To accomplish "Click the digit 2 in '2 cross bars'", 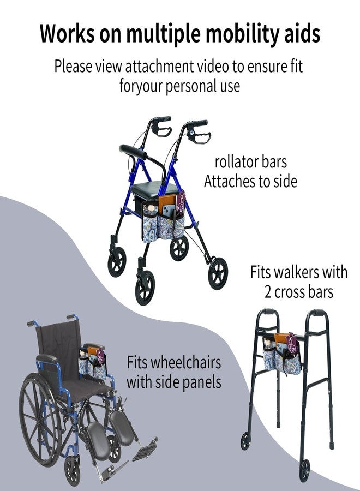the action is pyautogui.click(x=268, y=292).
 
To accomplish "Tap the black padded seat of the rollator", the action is pyautogui.click(x=154, y=189).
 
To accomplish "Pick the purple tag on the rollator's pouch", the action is pyautogui.click(x=181, y=203).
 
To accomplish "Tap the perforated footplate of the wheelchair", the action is pyautogui.click(x=145, y=450).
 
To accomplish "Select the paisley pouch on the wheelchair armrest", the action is pyautogui.click(x=93, y=363).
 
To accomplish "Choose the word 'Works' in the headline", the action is pyautogui.click(x=67, y=33).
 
